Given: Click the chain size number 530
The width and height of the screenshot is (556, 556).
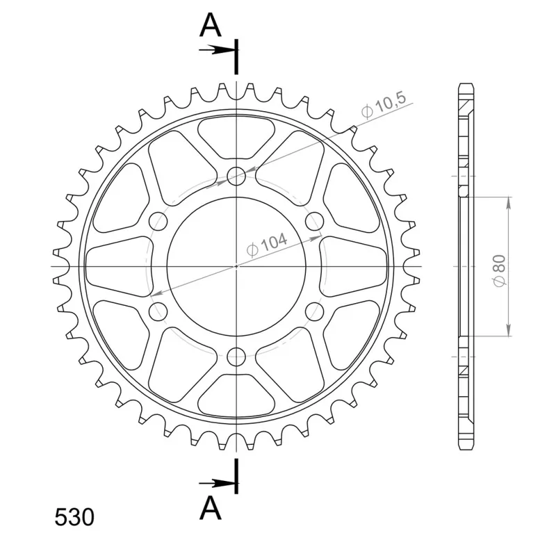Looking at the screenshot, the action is coord(74,517).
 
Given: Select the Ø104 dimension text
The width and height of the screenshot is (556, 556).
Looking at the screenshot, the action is coord(267,244).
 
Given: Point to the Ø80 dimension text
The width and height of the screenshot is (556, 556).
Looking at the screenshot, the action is coord(499,270).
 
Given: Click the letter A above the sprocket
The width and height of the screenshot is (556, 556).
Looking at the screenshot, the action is coord(211,25).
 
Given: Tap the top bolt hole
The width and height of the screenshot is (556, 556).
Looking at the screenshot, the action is coord(236,176).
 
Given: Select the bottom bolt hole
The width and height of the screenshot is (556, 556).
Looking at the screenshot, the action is coord(236,357).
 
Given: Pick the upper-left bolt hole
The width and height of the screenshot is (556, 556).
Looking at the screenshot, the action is coord(158,221).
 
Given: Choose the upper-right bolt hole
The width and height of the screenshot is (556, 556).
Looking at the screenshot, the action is coord(315,221).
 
